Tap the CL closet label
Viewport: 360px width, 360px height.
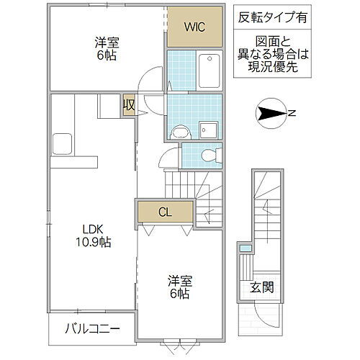166,212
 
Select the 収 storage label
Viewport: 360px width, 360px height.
129,105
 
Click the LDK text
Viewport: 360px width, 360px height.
94,230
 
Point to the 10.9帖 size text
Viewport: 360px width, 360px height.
94,243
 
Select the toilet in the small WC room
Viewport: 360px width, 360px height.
210,153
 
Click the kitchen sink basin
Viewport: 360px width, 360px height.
60,142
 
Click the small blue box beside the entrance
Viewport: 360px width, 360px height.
246,248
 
